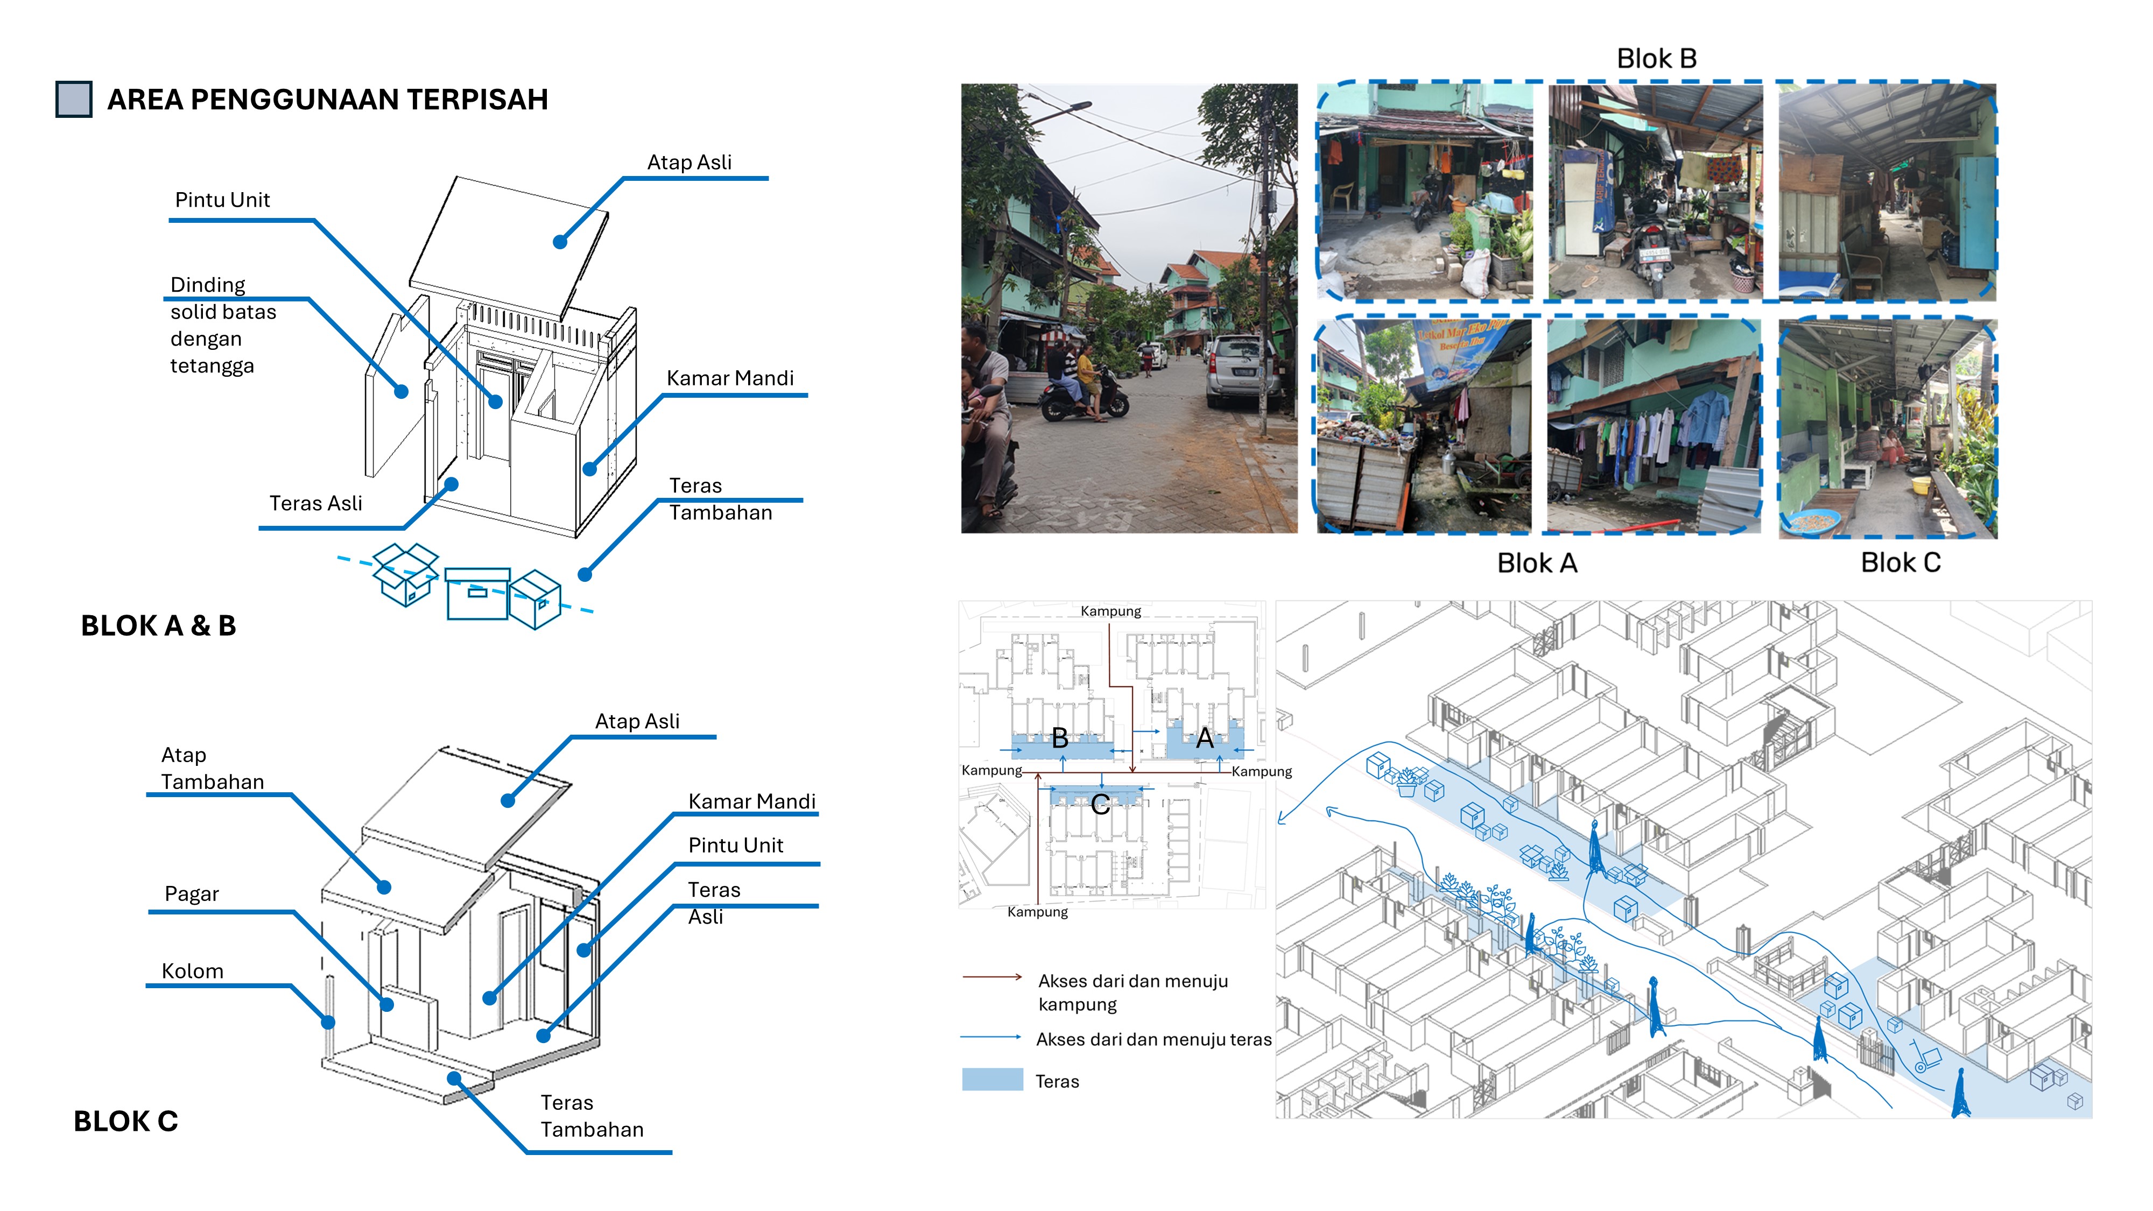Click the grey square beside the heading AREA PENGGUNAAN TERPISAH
[x=74, y=100]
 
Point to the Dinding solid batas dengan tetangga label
[x=222, y=325]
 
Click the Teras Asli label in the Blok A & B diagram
[x=315, y=503]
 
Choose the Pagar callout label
[x=192, y=894]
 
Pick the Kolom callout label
[x=192, y=971]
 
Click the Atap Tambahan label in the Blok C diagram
[x=212, y=768]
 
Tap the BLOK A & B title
[x=158, y=625]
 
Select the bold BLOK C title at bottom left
[x=125, y=1121]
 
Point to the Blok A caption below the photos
[x=1536, y=564]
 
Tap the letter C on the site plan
[x=1100, y=805]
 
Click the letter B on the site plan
[x=1060, y=738]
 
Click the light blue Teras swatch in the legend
[x=992, y=1079]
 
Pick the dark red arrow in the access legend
[x=992, y=976]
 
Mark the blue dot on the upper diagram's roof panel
[x=560, y=242]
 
